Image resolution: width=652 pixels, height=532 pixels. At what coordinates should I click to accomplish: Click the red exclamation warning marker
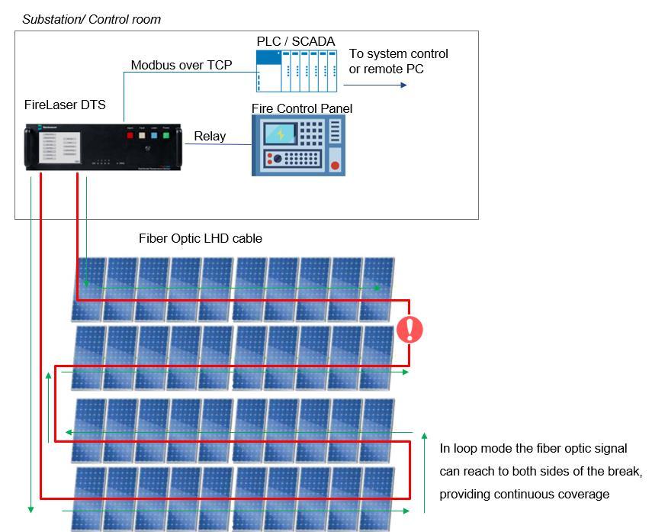[x=410, y=330]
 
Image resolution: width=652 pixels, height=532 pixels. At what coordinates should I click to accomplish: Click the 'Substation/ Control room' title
[x=92, y=19]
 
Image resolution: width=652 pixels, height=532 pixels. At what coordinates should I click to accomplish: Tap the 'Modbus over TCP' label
[x=181, y=65]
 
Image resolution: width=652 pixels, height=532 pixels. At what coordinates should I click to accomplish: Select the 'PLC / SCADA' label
[x=295, y=41]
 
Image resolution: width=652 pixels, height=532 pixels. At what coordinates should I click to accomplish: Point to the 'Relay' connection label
[x=210, y=136]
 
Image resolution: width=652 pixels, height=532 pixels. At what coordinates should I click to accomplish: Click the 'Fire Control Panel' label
[x=302, y=108]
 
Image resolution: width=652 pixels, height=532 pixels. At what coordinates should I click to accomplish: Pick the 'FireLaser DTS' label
[x=65, y=105]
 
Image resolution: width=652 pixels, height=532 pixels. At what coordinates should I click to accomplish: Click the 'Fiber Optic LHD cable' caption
[x=201, y=238]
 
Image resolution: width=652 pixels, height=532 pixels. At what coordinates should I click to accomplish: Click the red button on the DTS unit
[x=130, y=136]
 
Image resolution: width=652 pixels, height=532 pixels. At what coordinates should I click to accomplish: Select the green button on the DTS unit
[x=165, y=136]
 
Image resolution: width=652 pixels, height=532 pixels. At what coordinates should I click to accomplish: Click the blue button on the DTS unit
[x=154, y=136]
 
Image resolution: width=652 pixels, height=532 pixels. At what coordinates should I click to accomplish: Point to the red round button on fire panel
[x=334, y=164]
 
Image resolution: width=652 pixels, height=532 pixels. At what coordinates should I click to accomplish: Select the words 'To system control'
[x=398, y=53]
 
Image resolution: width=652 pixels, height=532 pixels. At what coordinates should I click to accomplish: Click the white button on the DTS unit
[x=142, y=136]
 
